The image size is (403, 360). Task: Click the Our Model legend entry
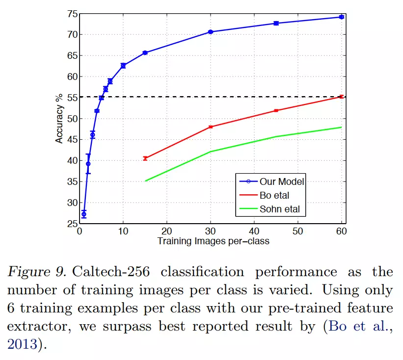[282, 181]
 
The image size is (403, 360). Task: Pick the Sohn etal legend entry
[279, 209]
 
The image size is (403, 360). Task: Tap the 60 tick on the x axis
[341, 231]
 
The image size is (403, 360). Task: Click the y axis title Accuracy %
[59, 118]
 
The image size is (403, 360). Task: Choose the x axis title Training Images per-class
[213, 241]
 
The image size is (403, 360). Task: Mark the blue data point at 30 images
[211, 32]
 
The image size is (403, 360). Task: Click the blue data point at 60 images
[341, 17]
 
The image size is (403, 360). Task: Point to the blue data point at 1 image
[84, 214]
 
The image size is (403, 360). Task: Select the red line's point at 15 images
[145, 158]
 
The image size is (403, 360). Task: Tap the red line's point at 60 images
[341, 97]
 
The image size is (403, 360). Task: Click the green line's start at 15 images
[145, 181]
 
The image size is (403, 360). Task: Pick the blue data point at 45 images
[276, 23]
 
